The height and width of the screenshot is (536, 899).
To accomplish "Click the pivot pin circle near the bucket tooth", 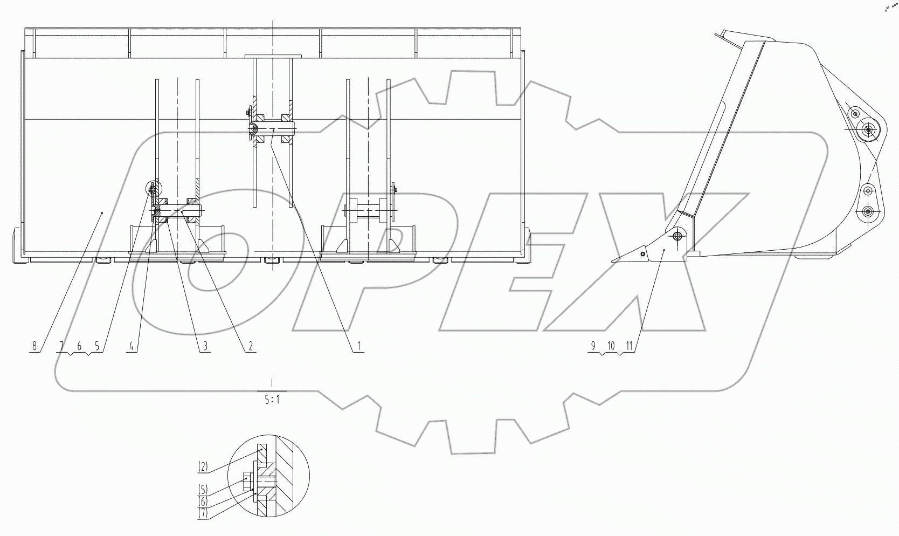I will pos(677,236).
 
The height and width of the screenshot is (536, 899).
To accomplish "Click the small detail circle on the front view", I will pos(153,188).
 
